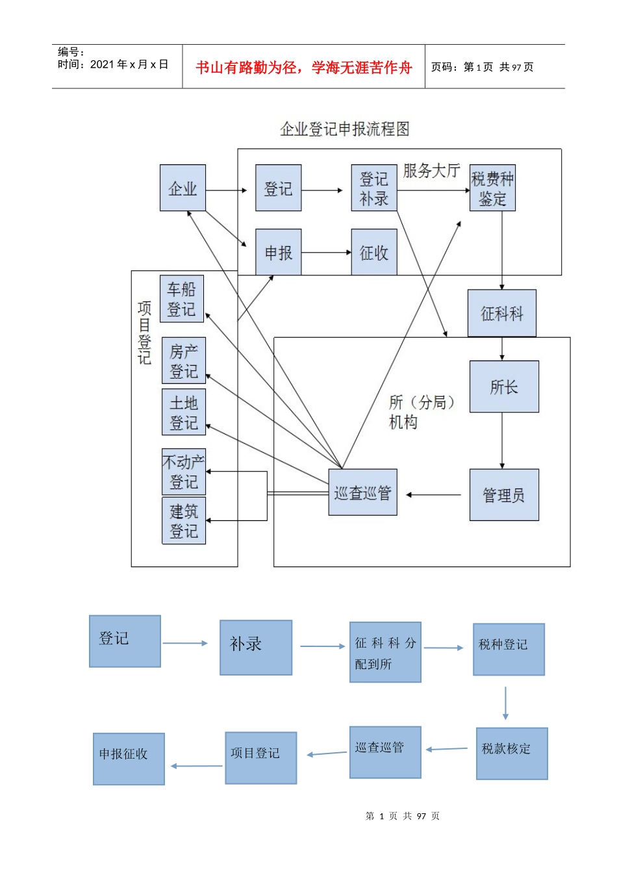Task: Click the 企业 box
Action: (x=183, y=188)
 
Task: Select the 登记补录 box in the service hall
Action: (x=373, y=188)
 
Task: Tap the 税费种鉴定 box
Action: (x=492, y=188)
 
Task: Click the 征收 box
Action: (x=373, y=252)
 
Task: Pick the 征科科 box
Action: (x=501, y=313)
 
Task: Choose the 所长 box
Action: (x=504, y=386)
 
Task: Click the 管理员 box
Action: (x=504, y=495)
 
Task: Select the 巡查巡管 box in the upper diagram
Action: (x=362, y=492)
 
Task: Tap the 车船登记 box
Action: (x=182, y=299)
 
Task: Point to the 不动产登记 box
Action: (x=184, y=472)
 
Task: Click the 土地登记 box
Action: (x=184, y=412)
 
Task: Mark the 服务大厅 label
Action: (x=431, y=171)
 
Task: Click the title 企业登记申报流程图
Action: (x=344, y=129)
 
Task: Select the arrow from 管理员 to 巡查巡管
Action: (x=434, y=495)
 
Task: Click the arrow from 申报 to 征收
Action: (x=326, y=252)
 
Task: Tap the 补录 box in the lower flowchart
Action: (x=256, y=647)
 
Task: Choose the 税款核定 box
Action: (x=512, y=753)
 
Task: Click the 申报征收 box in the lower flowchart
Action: (x=129, y=759)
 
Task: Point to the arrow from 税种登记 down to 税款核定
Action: (x=505, y=703)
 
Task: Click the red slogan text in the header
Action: (x=304, y=68)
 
